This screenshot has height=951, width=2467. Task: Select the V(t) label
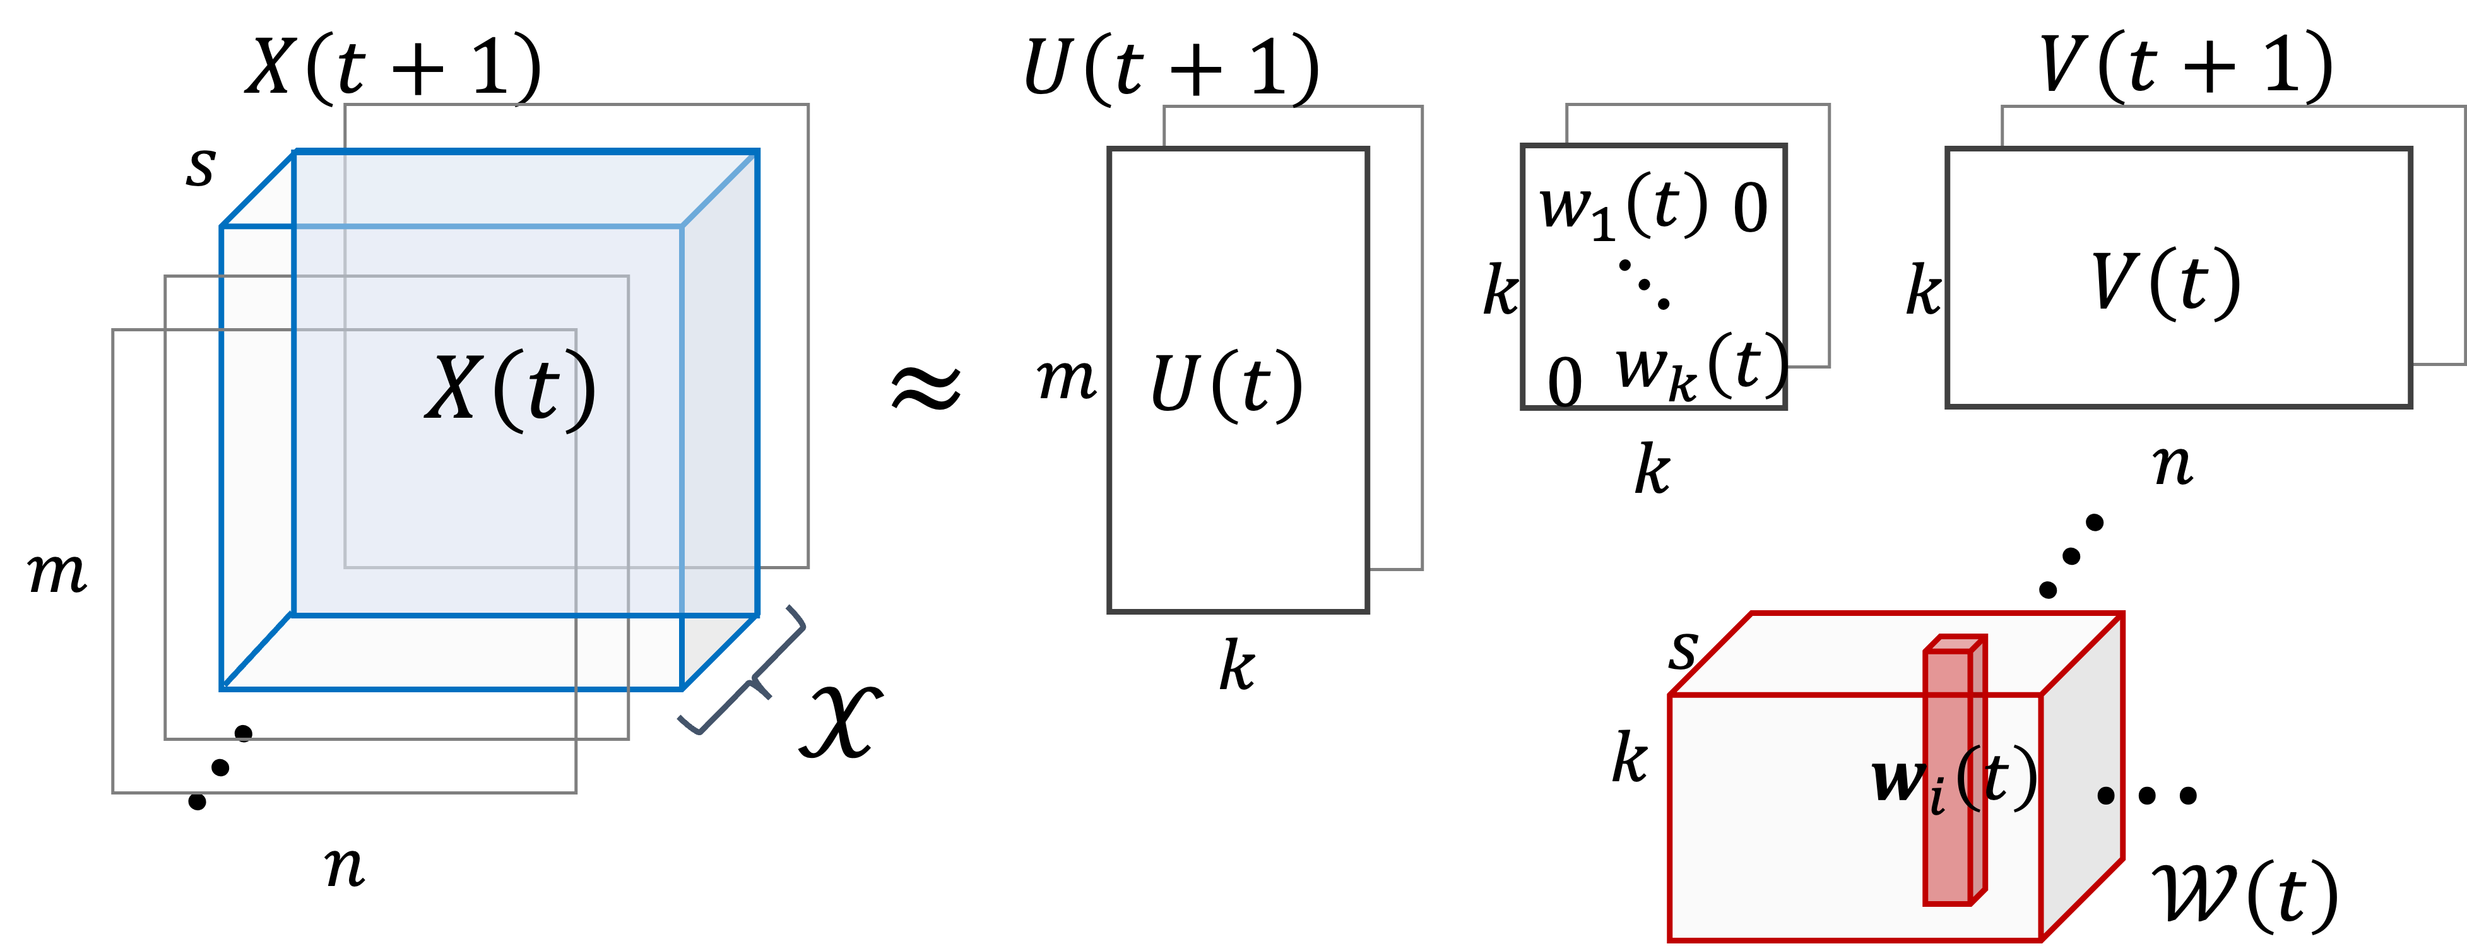click(2167, 283)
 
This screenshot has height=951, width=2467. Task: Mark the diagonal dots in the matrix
click(1644, 285)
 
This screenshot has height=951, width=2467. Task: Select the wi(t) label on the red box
click(1954, 781)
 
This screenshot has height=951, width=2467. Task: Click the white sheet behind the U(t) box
click(1396, 335)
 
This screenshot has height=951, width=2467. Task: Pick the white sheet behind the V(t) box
click(2437, 239)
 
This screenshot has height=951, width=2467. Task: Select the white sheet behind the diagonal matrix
click(1808, 239)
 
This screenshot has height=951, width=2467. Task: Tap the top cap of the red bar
click(1954, 644)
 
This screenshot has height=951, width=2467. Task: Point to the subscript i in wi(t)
click(1938, 797)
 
